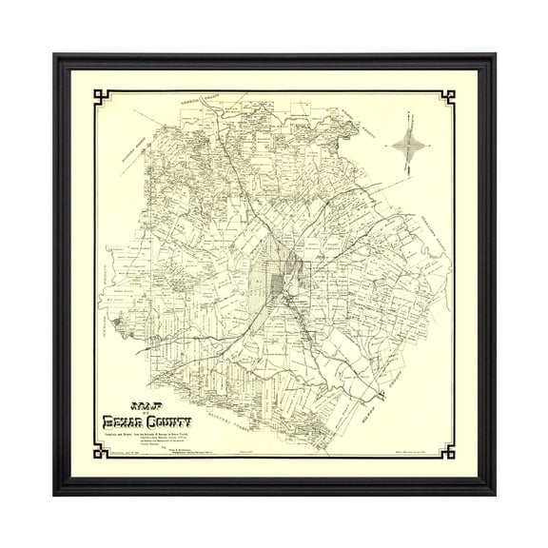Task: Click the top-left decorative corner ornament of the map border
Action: (100, 98)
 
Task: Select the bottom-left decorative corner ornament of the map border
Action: (100, 449)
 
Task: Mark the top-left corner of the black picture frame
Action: (54, 55)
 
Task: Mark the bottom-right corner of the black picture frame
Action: (494, 494)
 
